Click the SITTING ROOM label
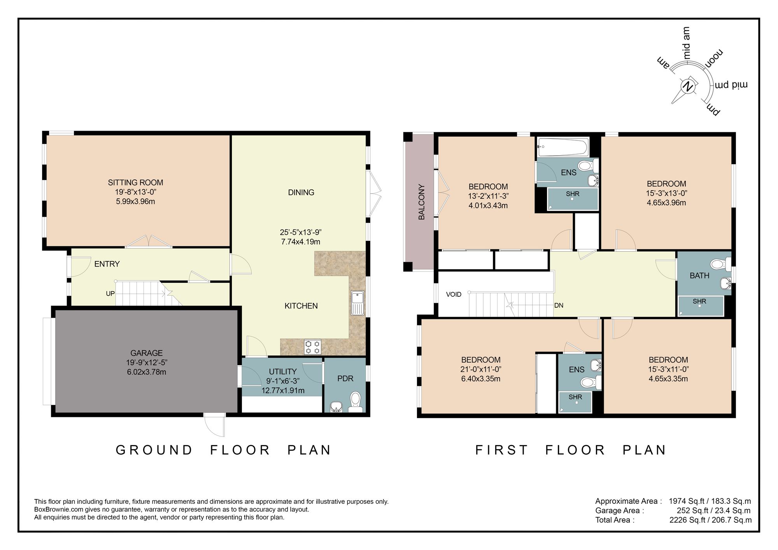135,182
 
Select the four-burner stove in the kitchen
313,347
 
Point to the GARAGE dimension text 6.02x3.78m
146,372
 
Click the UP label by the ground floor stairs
110,294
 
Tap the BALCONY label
421,202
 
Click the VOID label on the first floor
454,294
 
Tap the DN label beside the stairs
559,305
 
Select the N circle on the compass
688,86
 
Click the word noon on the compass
714,59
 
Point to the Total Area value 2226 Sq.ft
687,520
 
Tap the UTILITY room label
283,371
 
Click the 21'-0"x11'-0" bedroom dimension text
481,369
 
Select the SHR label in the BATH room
699,301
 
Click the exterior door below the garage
215,425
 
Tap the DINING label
301,192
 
